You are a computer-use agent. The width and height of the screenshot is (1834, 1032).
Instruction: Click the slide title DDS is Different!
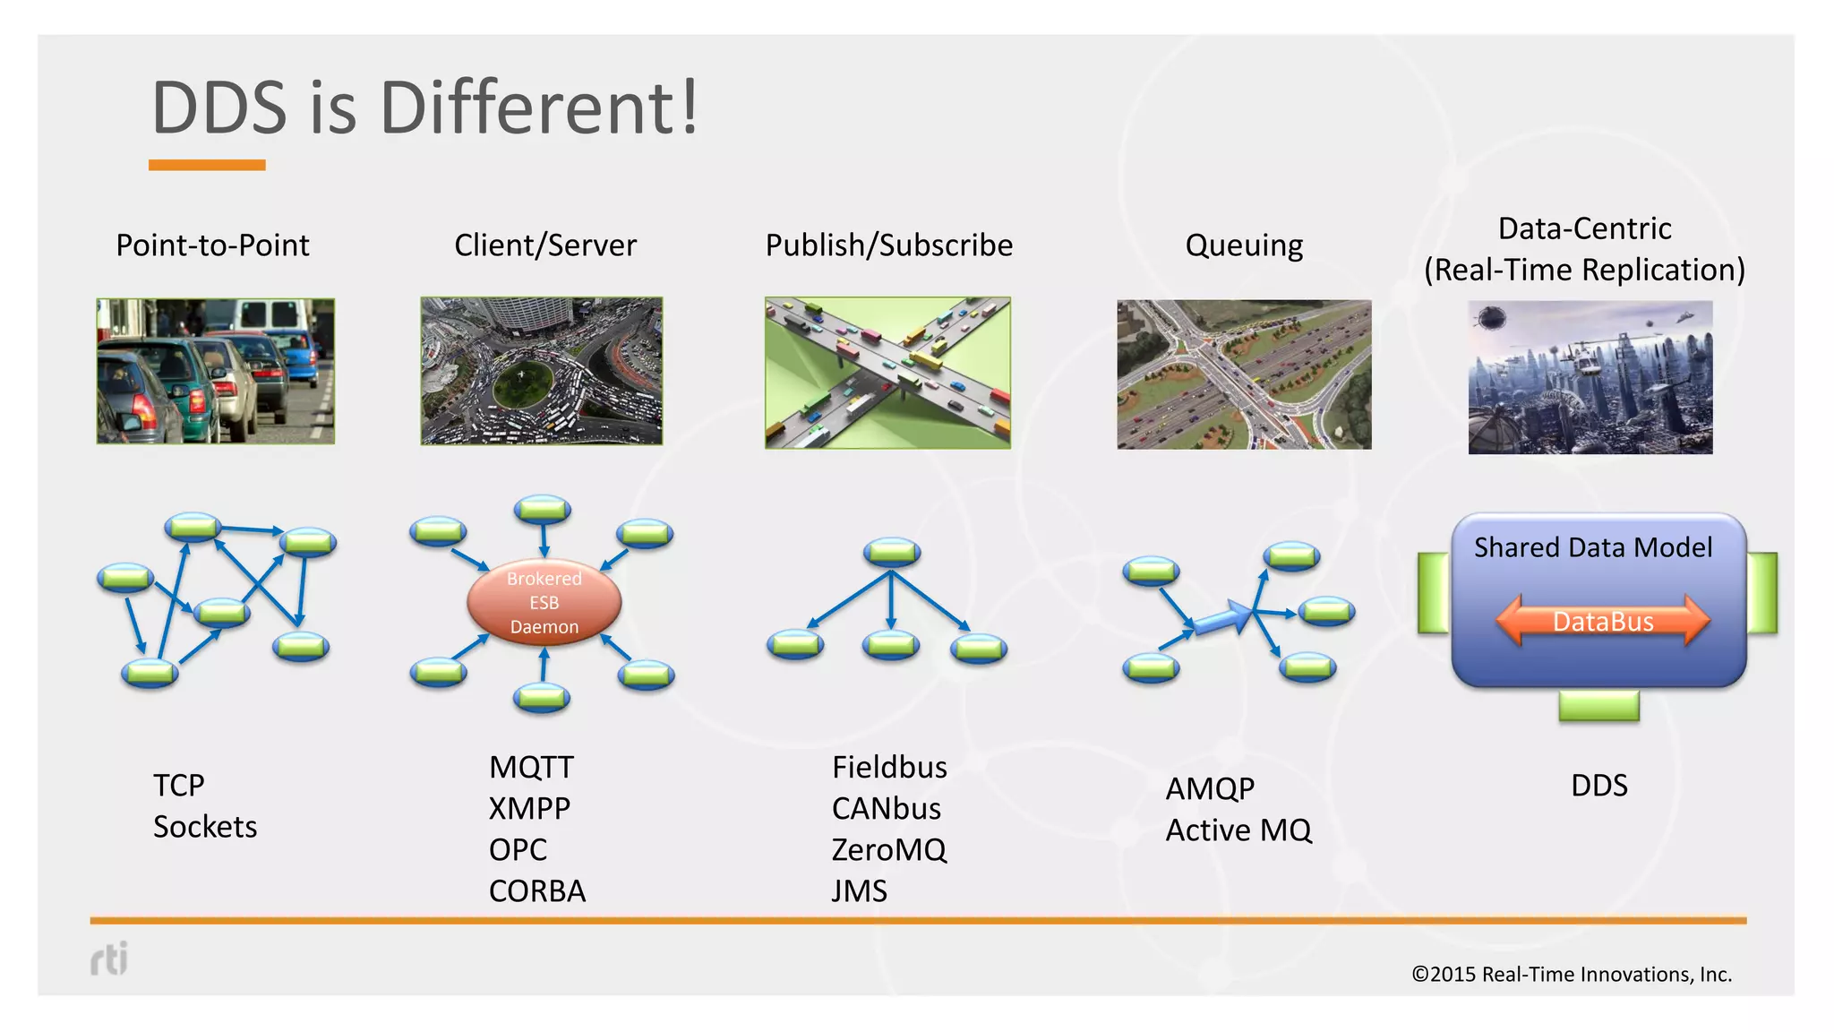click(x=424, y=108)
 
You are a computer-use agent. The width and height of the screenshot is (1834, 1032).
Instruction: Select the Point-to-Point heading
click(x=212, y=245)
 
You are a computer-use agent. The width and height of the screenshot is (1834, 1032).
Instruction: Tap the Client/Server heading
click(x=544, y=245)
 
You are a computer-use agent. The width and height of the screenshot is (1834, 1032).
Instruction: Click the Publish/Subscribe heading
click(x=888, y=245)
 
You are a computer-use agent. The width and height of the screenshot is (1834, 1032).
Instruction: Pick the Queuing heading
click(x=1243, y=245)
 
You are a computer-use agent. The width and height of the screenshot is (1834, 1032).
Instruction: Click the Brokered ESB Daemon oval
click(x=544, y=603)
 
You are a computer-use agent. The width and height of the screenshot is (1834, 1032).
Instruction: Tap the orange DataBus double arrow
click(x=1602, y=621)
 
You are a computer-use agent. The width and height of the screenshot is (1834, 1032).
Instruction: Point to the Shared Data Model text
click(x=1592, y=547)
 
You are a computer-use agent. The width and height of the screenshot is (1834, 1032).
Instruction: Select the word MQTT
click(x=531, y=768)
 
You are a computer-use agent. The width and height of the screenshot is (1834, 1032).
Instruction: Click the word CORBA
click(x=536, y=891)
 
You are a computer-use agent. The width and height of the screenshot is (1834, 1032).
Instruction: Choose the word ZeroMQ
click(x=888, y=850)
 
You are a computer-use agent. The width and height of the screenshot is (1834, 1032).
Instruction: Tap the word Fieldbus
click(x=888, y=768)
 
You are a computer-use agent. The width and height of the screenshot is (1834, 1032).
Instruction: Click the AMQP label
click(x=1209, y=789)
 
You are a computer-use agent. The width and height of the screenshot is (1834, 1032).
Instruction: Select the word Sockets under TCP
click(x=204, y=827)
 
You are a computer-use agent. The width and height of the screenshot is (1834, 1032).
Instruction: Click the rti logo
click(x=109, y=959)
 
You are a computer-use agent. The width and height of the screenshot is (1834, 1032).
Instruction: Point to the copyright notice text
click(x=1571, y=975)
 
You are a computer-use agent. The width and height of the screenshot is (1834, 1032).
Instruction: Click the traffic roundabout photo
click(x=541, y=371)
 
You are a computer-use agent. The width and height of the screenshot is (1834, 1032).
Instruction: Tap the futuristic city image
click(x=1590, y=377)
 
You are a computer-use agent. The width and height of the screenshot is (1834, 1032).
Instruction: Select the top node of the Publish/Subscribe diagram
click(x=891, y=552)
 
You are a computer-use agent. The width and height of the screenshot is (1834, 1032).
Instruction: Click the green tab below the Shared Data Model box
click(x=1598, y=706)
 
